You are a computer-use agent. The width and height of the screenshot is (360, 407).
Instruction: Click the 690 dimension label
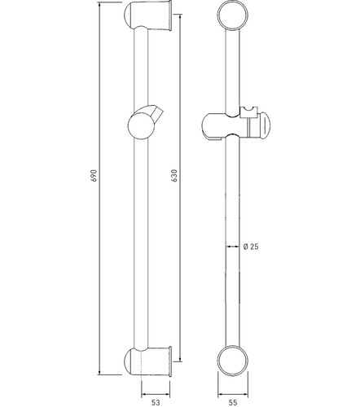pyautogui.click(x=94, y=176)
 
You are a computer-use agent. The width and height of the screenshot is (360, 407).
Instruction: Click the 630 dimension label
pyautogui.click(x=174, y=175)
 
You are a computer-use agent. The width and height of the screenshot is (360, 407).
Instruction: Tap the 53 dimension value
pyautogui.click(x=156, y=402)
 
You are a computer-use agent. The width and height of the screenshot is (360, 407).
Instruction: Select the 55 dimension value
pyautogui.click(x=233, y=402)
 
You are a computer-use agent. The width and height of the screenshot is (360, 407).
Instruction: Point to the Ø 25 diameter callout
pyautogui.click(x=251, y=247)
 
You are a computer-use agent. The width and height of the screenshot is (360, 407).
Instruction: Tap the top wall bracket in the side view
pyautogui.click(x=148, y=15)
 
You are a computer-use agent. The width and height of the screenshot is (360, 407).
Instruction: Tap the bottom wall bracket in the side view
pyautogui.click(x=148, y=361)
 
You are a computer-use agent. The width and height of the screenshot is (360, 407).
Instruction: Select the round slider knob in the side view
pyautogui.click(x=141, y=126)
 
